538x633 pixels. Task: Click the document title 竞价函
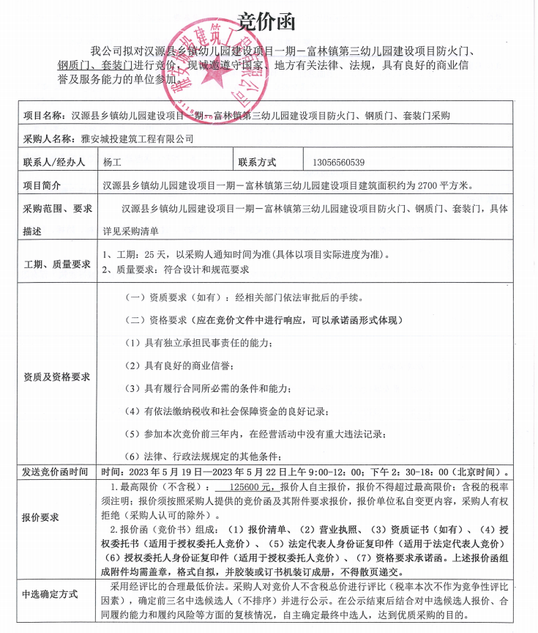point(269,23)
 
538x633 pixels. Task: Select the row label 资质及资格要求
point(57,377)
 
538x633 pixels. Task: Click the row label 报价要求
point(41,517)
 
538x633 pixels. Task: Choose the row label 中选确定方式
point(51,594)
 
